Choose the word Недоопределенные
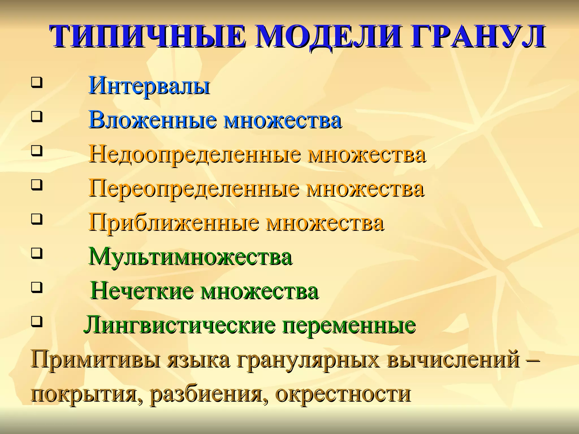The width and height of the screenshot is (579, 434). click(x=194, y=155)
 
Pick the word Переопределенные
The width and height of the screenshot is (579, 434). click(x=194, y=189)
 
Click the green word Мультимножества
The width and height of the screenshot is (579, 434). click(x=190, y=257)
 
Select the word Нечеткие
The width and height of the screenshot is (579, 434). click(x=142, y=291)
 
